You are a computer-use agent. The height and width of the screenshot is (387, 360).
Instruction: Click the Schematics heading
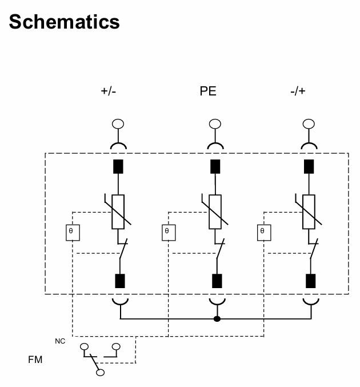pos(65,22)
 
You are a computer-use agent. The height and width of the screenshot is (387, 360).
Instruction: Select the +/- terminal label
pos(108,91)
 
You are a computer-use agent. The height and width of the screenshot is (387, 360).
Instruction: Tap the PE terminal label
pos(208,91)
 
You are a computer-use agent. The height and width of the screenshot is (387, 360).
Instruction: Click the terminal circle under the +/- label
pos(118,123)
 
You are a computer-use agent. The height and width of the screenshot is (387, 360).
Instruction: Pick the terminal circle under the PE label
pos(215,123)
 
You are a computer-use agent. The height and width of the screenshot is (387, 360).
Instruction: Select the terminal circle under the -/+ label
pos(309,123)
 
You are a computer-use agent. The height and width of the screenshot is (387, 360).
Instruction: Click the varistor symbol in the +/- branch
pos(118,211)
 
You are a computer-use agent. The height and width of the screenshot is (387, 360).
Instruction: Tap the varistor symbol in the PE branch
pos(215,211)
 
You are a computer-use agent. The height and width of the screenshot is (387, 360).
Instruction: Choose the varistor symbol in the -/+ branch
pos(309,211)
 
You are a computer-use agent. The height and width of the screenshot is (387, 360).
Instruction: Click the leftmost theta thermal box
pos(73,232)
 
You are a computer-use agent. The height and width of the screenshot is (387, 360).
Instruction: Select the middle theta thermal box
pos(168,232)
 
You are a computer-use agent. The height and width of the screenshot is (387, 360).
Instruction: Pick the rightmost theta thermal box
pos(263,232)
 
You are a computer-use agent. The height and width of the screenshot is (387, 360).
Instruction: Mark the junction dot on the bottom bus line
pos(217,318)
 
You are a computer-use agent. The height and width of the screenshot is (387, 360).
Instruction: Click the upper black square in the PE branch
pos(215,166)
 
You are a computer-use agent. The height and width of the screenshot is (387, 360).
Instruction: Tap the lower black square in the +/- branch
pos(120,281)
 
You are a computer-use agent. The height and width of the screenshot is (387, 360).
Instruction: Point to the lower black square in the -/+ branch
pos(311,281)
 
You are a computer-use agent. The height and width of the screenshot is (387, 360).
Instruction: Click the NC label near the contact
pos(59,341)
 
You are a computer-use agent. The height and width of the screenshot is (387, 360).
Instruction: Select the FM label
pos(35,360)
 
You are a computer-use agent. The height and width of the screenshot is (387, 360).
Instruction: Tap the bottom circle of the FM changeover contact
pos(101,373)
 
